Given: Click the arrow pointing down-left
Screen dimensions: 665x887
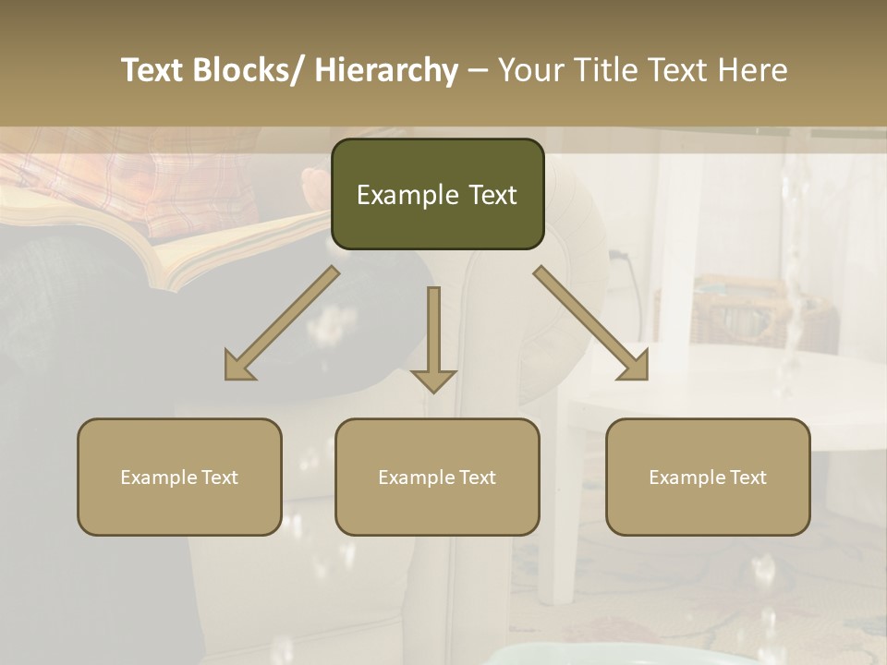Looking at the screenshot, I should (x=282, y=323).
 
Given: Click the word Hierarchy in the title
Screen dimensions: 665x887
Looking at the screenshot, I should (x=386, y=70).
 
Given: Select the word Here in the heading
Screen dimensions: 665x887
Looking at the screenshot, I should (x=754, y=70).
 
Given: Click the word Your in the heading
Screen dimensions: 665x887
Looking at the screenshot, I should (x=531, y=70).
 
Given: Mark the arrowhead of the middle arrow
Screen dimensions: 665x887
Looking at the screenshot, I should (x=433, y=379).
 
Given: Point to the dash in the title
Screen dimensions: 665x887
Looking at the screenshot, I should (x=478, y=70).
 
